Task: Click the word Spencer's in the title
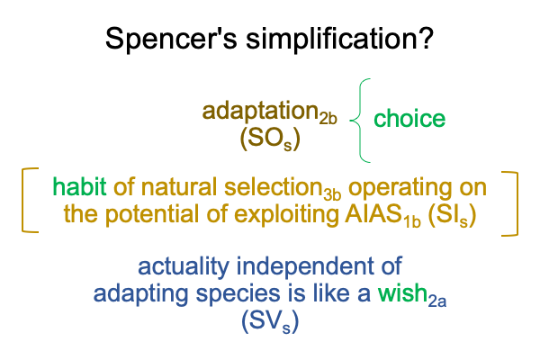(171, 38)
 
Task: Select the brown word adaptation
(260, 111)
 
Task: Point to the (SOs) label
(270, 139)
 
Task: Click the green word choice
(409, 119)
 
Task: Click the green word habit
(79, 186)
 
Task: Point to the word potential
(151, 214)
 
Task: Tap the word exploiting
(286, 214)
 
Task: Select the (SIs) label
(452, 215)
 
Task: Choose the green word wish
(402, 293)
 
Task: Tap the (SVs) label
(270, 322)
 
